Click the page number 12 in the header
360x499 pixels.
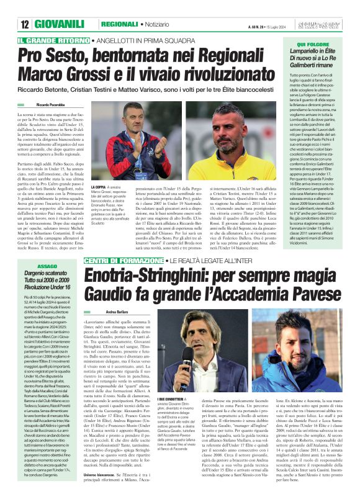(x=25, y=24)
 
